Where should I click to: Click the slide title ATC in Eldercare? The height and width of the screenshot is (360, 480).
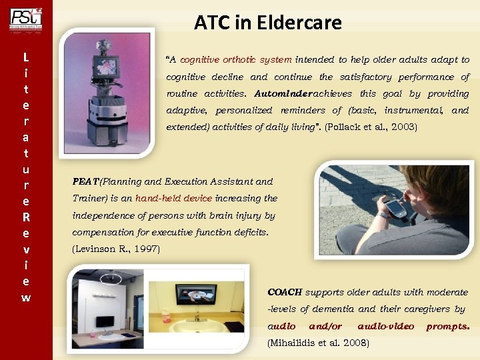point(268,23)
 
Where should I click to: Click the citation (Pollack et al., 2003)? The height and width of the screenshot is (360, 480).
point(370,127)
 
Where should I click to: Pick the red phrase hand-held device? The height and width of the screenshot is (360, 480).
point(173,199)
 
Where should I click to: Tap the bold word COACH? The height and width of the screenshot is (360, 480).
point(284,292)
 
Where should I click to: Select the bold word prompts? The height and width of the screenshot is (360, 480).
point(447,327)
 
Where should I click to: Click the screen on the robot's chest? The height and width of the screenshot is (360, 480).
point(105,67)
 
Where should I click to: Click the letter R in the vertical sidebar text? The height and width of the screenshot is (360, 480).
point(25,217)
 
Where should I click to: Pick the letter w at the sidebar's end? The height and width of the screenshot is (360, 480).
point(25,297)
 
